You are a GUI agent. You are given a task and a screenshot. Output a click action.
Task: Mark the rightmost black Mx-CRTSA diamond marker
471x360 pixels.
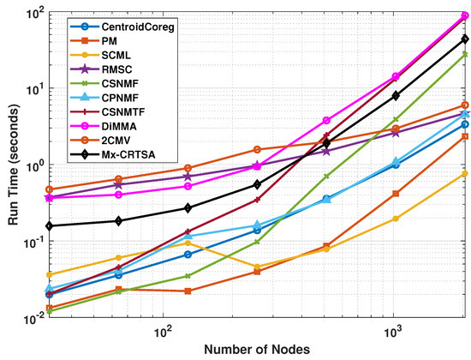[x=465, y=39]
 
